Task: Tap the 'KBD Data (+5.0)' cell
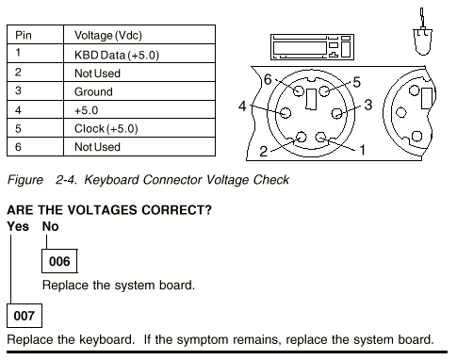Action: click(x=139, y=54)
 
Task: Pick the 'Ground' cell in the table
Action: click(x=139, y=91)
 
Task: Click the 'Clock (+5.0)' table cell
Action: click(x=139, y=128)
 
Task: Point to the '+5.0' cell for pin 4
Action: click(x=139, y=109)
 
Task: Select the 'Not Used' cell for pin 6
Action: click(x=139, y=146)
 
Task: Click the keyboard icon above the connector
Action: click(x=312, y=47)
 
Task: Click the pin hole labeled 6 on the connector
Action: click(x=299, y=90)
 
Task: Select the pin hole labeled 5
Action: click(x=324, y=90)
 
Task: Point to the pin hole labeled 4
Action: click(x=286, y=113)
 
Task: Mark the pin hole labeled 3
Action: click(x=337, y=113)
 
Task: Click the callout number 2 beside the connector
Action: click(x=263, y=151)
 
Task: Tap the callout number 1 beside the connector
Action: click(x=362, y=150)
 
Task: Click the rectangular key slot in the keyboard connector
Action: click(x=311, y=99)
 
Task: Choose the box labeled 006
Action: click(x=59, y=261)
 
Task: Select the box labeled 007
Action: click(x=24, y=316)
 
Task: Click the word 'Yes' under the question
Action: click(x=18, y=226)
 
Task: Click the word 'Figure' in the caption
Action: click(x=25, y=180)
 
